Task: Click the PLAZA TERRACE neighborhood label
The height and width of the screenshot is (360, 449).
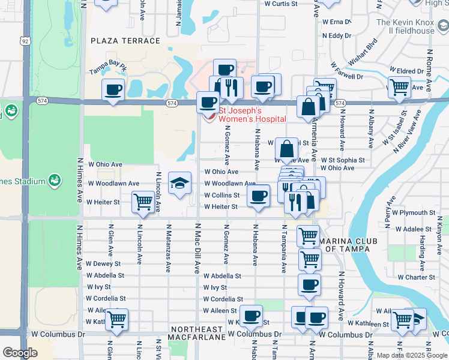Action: (x=125, y=41)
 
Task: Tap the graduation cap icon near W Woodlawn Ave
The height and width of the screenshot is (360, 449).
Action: (x=179, y=184)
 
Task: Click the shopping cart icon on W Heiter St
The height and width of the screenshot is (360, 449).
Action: (x=143, y=202)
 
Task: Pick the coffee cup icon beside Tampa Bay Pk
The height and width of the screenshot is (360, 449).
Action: (x=113, y=90)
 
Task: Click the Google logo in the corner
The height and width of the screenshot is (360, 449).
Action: (x=20, y=352)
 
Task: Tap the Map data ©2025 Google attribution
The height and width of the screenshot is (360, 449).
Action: (x=411, y=355)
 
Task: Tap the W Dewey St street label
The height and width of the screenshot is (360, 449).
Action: (x=103, y=263)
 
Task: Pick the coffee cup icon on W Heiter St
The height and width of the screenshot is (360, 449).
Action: (x=259, y=196)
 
